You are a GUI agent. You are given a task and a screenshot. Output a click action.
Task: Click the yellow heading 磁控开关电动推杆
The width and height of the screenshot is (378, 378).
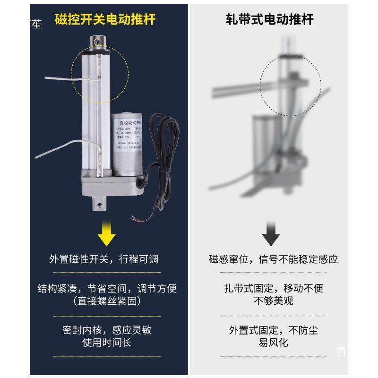click(105, 19)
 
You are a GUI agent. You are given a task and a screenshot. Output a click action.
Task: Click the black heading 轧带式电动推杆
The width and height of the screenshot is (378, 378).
click(269, 19)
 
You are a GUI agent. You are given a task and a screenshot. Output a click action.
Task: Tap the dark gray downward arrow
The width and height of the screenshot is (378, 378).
click(271, 234)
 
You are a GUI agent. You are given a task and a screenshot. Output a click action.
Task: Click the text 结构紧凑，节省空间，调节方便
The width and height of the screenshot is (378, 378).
click(107, 288)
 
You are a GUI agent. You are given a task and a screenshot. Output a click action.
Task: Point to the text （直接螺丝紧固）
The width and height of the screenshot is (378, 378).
click(107, 301)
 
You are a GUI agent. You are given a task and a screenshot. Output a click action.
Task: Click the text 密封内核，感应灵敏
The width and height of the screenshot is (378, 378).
click(107, 330)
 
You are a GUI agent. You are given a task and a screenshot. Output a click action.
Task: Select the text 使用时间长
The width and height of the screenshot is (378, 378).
click(107, 342)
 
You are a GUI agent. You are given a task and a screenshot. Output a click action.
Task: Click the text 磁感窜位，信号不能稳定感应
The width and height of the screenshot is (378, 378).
click(274, 259)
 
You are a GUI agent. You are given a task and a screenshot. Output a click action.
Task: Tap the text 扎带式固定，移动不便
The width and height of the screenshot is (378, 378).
click(274, 288)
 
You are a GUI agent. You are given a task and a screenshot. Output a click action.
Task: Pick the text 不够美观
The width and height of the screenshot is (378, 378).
click(274, 301)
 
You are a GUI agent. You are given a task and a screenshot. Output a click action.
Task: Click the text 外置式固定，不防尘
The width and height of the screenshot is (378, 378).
click(274, 330)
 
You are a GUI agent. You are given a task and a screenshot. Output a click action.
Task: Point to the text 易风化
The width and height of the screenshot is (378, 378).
click(274, 342)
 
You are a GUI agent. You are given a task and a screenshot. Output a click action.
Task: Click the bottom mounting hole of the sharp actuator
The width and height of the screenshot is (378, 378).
click(100, 204)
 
